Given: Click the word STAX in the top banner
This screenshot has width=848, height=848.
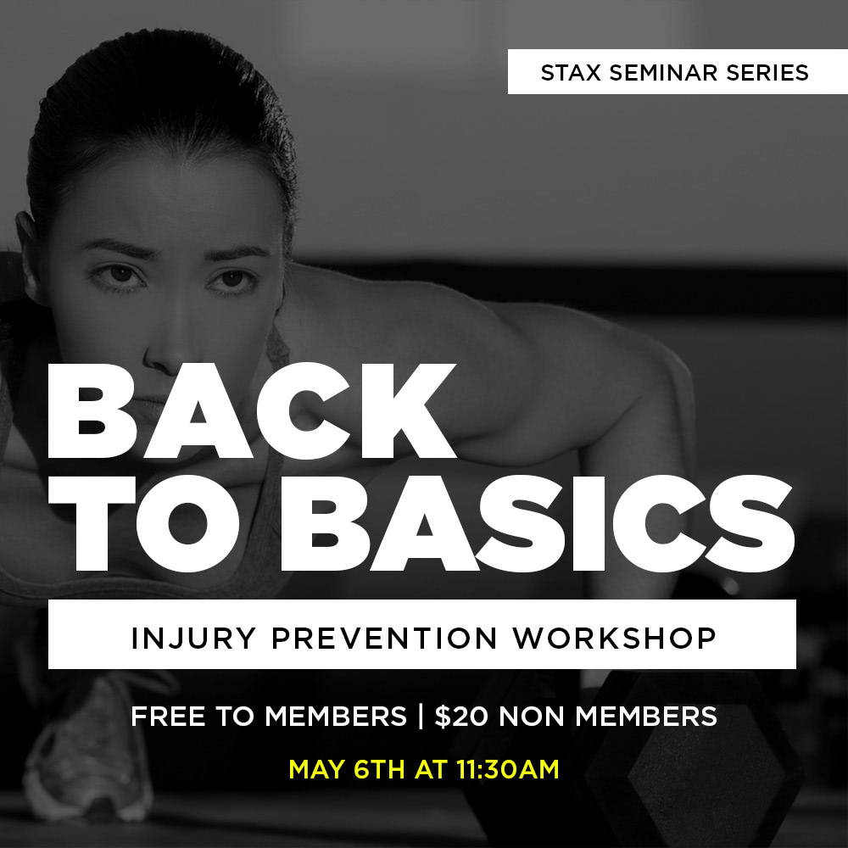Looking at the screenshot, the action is (571, 72).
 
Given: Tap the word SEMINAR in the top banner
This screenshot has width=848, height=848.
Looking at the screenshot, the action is (664, 72).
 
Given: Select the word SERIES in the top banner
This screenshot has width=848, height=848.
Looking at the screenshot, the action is (767, 72).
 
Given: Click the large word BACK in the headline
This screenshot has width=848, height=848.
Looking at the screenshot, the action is (252, 411).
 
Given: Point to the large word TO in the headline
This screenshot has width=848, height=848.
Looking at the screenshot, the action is (145, 523).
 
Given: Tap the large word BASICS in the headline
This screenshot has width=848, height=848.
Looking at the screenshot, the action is (537, 523).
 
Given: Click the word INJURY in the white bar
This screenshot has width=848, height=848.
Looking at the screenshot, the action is (193, 639).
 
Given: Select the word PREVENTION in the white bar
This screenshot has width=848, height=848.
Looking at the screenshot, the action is (384, 639).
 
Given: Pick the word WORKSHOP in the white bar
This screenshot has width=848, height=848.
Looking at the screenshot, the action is (614, 639).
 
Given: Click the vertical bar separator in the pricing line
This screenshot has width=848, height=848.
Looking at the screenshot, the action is (421, 717).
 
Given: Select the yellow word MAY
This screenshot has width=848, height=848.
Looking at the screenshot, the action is (316, 769).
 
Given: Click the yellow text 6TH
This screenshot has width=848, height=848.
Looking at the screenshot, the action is (378, 769).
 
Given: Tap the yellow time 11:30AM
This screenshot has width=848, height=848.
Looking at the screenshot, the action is (508, 769).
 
